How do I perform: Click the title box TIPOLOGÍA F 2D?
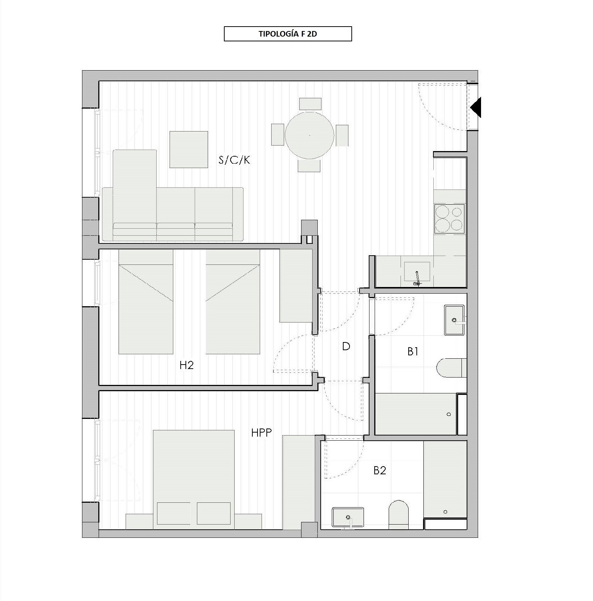point(288,34)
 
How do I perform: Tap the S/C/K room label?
point(235,160)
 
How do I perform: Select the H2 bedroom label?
point(187,365)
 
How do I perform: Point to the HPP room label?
point(262,433)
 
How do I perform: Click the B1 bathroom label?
point(413,351)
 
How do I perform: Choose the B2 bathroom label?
point(380,470)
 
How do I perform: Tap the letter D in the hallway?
point(346,346)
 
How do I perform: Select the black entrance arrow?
point(476,107)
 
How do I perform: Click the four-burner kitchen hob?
point(450,219)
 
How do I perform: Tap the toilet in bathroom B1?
point(452,368)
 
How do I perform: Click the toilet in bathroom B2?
point(399,515)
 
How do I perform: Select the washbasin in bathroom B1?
point(454,320)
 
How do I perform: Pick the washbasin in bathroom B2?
point(348,518)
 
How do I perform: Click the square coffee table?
point(188,149)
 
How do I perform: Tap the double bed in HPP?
point(194,477)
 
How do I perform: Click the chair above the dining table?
point(310,104)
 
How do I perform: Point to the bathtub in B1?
point(416,414)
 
